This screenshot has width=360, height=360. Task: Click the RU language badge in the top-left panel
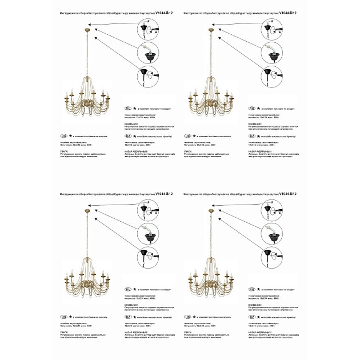pos(129,108)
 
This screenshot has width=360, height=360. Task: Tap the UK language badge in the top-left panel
pos(63,137)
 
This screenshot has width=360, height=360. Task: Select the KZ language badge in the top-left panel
pos(129,137)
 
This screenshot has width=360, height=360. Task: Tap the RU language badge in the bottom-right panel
pos(252,289)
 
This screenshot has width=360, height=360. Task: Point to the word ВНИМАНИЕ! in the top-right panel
pos(255,123)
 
